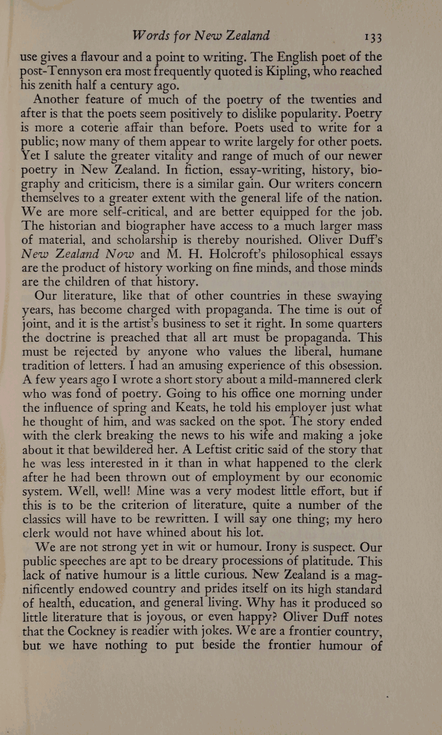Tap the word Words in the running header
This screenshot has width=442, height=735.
(149, 35)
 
